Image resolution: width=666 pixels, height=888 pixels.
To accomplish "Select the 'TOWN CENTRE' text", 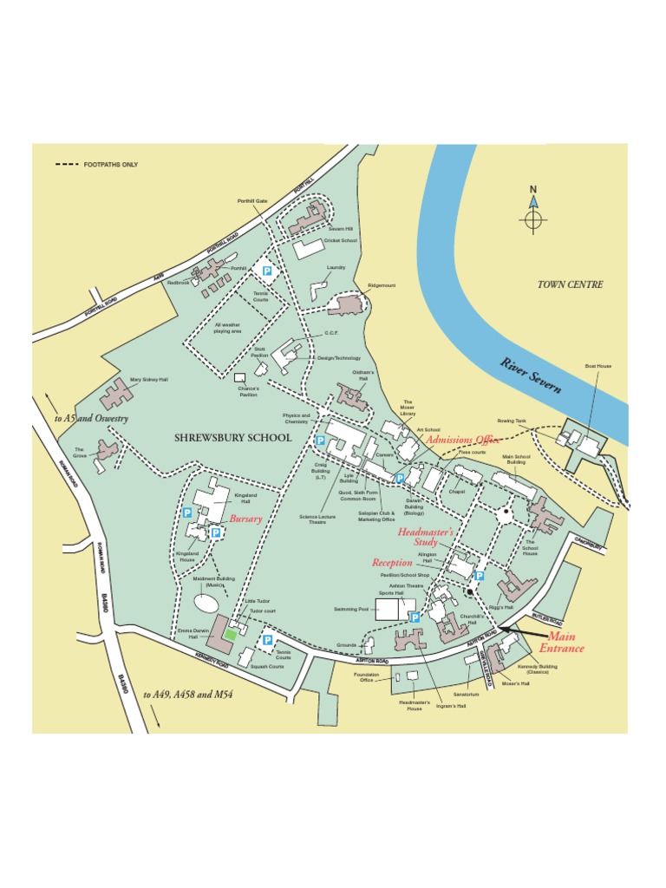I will click(x=570, y=284).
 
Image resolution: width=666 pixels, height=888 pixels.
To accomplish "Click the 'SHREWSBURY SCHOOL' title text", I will click(x=233, y=438).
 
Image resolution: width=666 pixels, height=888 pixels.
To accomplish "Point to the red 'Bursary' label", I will click(x=245, y=519).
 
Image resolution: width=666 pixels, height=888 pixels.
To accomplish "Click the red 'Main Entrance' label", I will click(x=561, y=643).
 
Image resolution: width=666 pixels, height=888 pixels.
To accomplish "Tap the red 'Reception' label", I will click(x=392, y=563).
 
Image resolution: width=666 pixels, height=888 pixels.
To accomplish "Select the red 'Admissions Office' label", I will click(x=462, y=440).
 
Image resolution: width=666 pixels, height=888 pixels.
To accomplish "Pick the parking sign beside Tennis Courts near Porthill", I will click(x=268, y=271).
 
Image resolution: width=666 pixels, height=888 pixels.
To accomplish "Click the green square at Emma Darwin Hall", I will click(x=230, y=635).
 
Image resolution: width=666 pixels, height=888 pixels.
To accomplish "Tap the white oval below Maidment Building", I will click(x=206, y=601).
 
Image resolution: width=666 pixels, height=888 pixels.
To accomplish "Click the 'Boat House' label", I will click(x=597, y=366).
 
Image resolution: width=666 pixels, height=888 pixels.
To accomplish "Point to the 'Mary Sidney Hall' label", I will click(x=148, y=379).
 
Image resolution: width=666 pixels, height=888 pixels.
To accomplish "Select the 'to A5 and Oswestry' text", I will click(x=91, y=419).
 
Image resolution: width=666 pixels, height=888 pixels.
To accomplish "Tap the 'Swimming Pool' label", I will click(x=352, y=609).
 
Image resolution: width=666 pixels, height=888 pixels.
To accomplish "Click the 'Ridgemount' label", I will click(x=382, y=284).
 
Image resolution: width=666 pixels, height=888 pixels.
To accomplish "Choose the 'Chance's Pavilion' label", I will click(x=249, y=391).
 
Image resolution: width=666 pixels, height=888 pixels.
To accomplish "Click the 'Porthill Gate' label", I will click(x=252, y=200).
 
